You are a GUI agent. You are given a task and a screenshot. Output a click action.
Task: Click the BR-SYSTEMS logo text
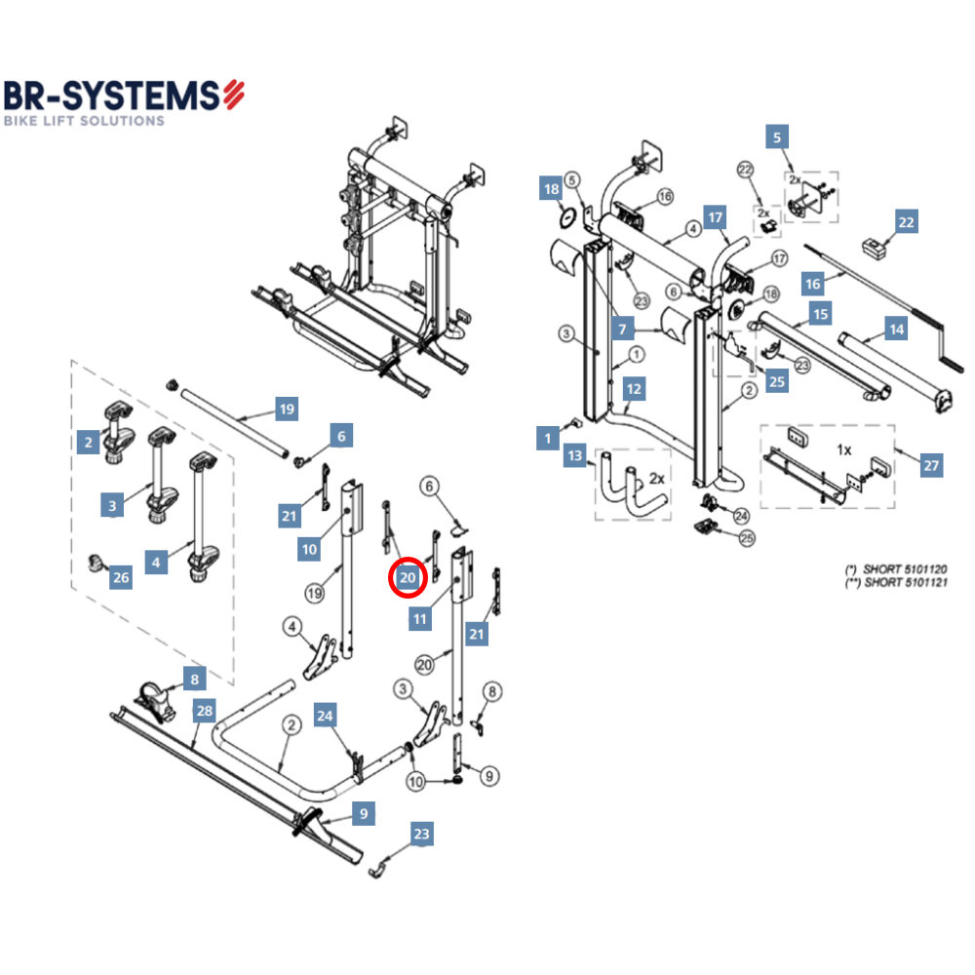pyautogui.click(x=112, y=96)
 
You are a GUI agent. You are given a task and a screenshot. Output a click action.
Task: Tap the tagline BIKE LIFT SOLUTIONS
pyautogui.click(x=84, y=121)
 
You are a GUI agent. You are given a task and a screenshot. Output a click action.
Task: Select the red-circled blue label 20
pyautogui.click(x=409, y=578)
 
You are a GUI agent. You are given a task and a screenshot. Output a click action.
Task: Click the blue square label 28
pyautogui.click(x=204, y=711)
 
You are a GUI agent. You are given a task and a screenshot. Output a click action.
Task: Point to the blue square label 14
pyautogui.click(x=896, y=329)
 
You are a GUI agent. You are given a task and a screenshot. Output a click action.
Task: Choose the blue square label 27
pyautogui.click(x=932, y=465)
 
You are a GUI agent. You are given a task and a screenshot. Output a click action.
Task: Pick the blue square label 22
pyautogui.click(x=907, y=222)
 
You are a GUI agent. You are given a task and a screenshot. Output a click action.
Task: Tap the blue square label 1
pyautogui.click(x=548, y=439)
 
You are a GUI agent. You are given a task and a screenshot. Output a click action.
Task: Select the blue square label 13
pyautogui.click(x=575, y=455)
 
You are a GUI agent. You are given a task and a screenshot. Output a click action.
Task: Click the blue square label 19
pyautogui.click(x=286, y=409)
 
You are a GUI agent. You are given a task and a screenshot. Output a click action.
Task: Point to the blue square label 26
pyautogui.click(x=121, y=578)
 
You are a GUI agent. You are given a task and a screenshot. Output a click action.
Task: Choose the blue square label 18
pyautogui.click(x=552, y=189)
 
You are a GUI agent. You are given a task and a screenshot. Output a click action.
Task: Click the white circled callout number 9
pyautogui.click(x=488, y=775)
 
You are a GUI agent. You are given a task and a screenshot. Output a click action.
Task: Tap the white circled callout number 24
pyautogui.click(x=741, y=515)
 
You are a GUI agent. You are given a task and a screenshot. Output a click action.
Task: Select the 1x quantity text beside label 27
pyautogui.click(x=844, y=450)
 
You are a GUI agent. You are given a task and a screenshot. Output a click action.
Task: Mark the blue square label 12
pyautogui.click(x=635, y=389)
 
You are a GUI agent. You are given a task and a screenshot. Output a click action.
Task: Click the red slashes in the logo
pyautogui.click(x=234, y=94)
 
